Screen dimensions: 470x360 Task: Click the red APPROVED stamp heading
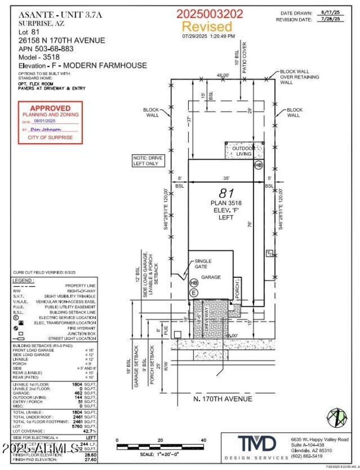coord(50,108)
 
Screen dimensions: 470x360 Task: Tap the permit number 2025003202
coord(210,14)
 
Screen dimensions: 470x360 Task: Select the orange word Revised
coord(207,26)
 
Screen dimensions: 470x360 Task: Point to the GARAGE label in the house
coord(211,277)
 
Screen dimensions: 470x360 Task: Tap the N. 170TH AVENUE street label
coord(222,399)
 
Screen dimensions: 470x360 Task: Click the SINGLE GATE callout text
coord(203,264)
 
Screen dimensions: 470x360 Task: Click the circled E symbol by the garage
coord(194,292)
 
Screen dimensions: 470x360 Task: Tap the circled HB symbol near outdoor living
coord(258,165)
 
